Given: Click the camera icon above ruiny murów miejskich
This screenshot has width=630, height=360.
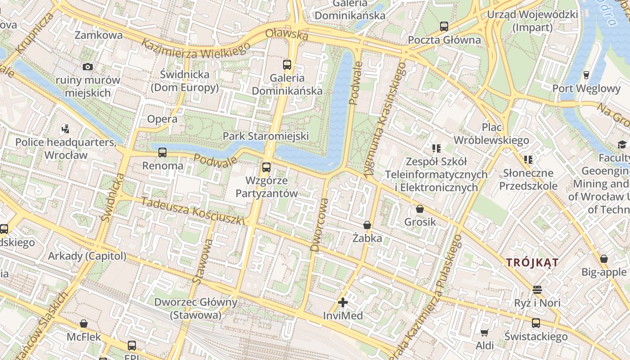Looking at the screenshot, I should click(88, 67).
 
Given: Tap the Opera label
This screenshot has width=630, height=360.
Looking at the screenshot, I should click(162, 119).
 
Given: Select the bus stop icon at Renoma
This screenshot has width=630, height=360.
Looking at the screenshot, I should click(162, 153).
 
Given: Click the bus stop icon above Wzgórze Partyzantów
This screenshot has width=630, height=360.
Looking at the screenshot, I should click(266, 167).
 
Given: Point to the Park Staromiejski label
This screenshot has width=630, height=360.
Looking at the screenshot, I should click(265, 136).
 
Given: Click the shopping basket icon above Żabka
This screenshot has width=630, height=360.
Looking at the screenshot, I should click(367, 225).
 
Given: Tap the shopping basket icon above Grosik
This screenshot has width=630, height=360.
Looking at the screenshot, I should click(420, 209).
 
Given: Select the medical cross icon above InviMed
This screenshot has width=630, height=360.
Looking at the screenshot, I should click(343, 302).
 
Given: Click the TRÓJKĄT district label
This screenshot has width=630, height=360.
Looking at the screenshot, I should click(532, 262).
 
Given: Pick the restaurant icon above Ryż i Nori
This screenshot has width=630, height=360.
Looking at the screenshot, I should click(537, 289).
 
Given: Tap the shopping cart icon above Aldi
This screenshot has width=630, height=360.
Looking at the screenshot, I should click(484, 333).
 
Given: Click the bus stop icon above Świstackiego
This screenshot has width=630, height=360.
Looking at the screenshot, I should click(535, 323).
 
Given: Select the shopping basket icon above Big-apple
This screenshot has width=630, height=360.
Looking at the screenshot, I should click(604, 259).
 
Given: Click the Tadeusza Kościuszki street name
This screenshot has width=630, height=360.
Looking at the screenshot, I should click(193, 211).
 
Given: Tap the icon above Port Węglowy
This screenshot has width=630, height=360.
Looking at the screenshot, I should click(586, 75).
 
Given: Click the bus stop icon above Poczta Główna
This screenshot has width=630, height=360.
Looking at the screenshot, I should click(444, 27).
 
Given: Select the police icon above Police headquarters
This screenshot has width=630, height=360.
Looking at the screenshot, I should click(66, 129).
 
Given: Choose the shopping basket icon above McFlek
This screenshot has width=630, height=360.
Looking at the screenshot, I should click(84, 324).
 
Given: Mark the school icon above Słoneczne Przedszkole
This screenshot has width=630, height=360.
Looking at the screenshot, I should click(528, 159).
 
